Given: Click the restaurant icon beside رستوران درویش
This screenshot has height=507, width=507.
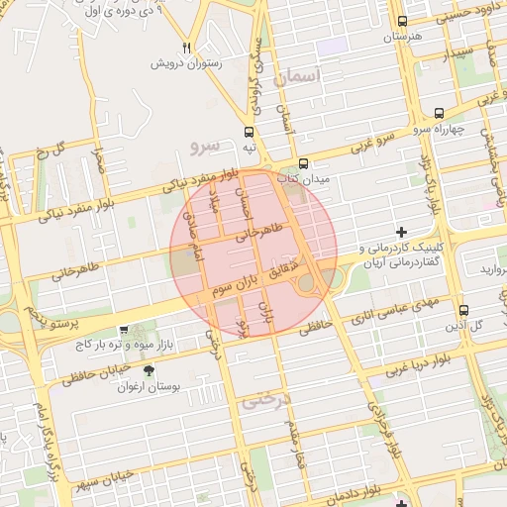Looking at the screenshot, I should click(x=187, y=47).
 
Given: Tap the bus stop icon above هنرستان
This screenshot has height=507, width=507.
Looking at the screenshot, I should click(x=401, y=21).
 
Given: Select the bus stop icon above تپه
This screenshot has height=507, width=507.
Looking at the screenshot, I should click(x=249, y=131).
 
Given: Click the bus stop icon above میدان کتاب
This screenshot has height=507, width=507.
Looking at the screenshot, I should click(x=303, y=164).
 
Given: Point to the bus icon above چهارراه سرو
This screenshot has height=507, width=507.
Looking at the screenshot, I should click(x=439, y=114).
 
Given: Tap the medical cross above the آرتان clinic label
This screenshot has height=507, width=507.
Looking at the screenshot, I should click(x=400, y=231).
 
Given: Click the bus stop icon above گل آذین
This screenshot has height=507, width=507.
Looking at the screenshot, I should click(x=462, y=308).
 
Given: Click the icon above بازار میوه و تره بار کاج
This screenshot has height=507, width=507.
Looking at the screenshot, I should click(x=123, y=330).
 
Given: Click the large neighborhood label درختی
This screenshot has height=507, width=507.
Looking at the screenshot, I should click(x=262, y=404).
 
